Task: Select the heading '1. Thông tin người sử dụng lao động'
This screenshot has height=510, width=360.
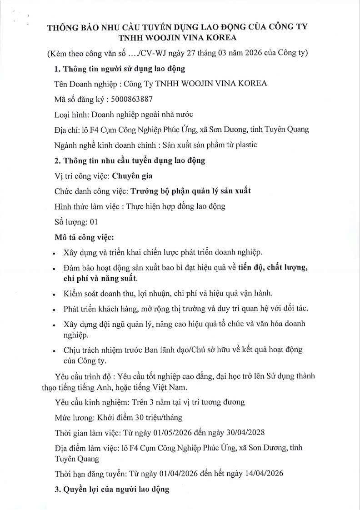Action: point(120,69)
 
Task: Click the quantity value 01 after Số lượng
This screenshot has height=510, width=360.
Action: point(94,222)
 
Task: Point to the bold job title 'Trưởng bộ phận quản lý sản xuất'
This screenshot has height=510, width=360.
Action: point(190,191)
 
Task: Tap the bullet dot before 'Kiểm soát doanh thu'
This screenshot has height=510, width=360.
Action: point(55,294)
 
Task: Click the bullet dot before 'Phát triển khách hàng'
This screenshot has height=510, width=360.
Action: point(55,310)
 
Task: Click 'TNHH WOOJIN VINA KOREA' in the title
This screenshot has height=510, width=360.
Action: point(177,38)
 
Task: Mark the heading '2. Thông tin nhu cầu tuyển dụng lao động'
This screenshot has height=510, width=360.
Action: point(130,160)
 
